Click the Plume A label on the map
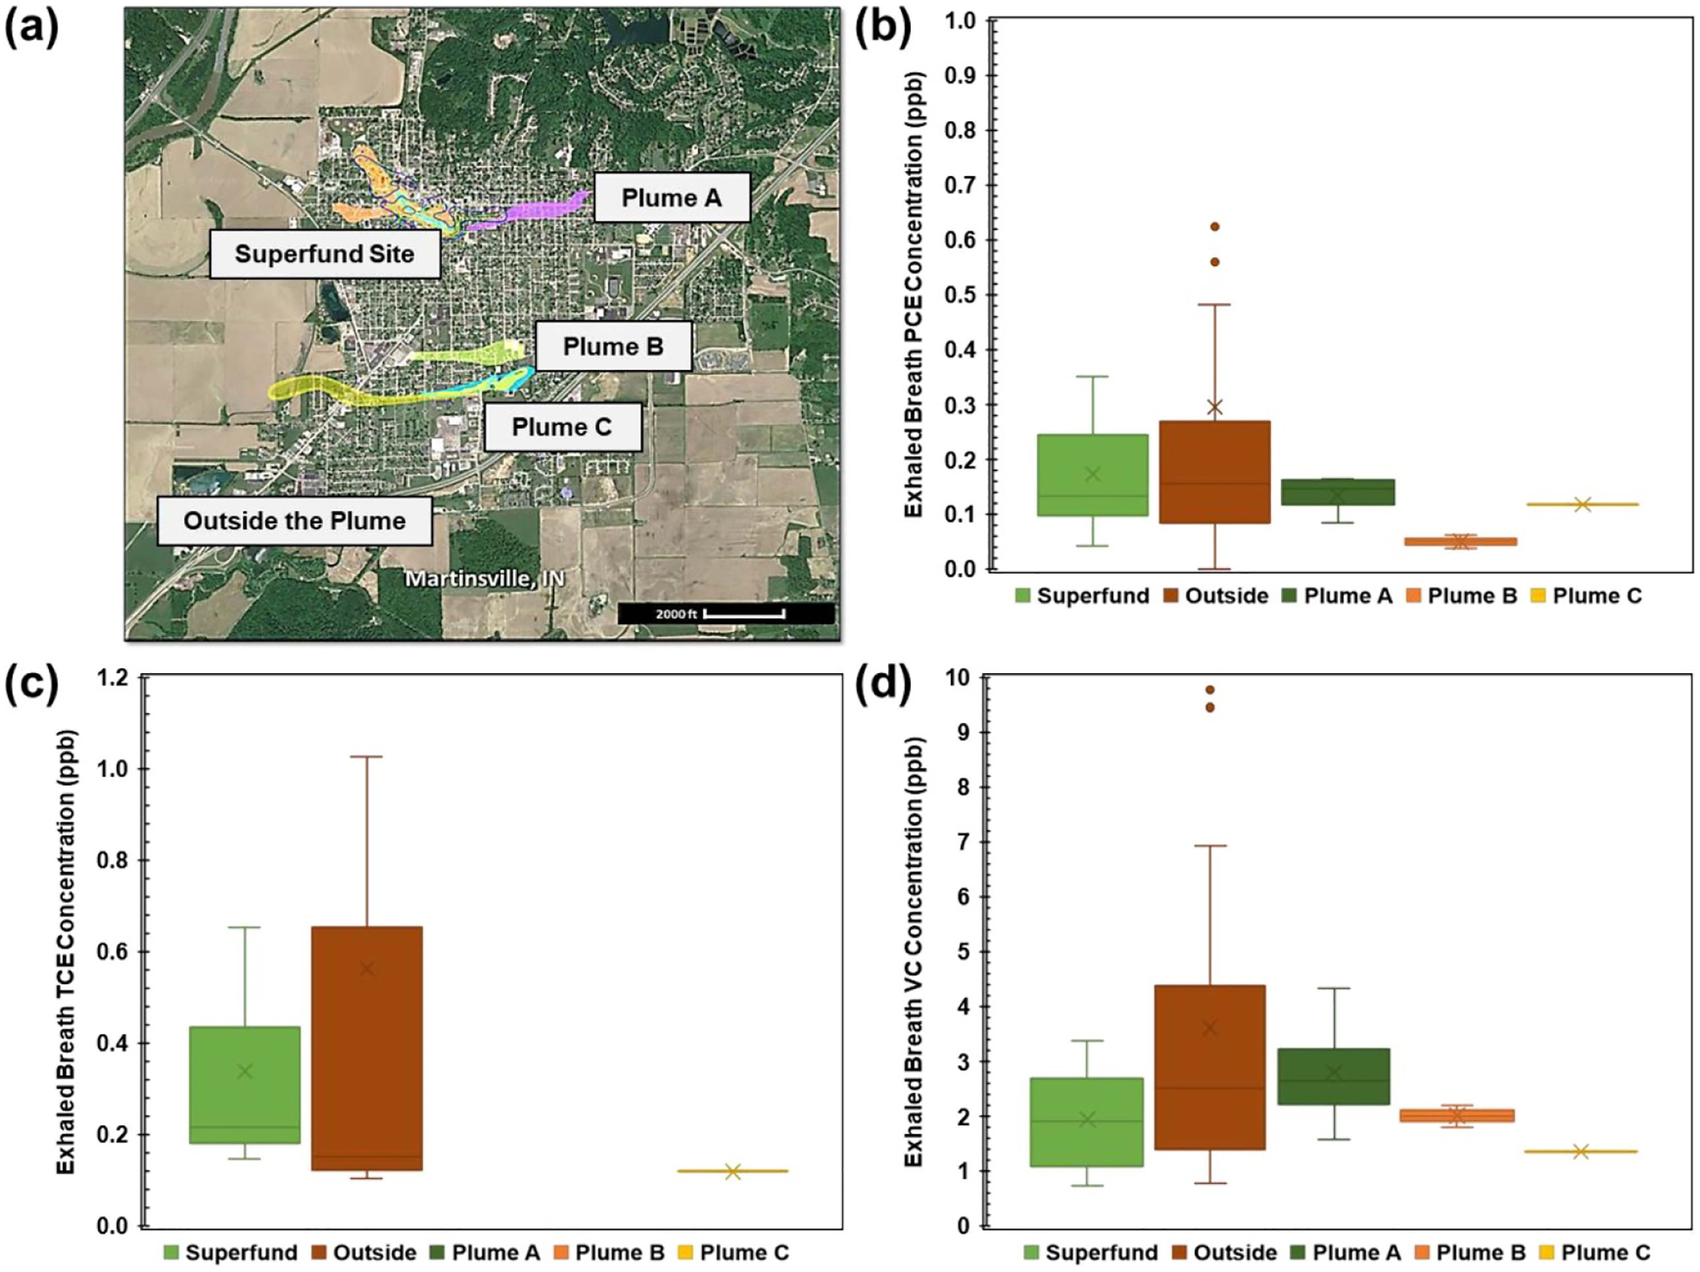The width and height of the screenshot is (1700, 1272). tap(671, 197)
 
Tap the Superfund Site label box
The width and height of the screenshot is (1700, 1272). tap(325, 253)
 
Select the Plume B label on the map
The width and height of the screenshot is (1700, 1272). tap(613, 346)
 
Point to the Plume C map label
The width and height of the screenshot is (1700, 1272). tap(562, 427)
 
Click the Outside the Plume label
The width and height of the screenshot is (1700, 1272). tap(294, 521)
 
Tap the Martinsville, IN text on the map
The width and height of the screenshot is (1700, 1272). tap(485, 579)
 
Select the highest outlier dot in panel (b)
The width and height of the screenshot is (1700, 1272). tap(1215, 227)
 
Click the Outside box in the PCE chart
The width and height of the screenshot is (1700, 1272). tap(1215, 472)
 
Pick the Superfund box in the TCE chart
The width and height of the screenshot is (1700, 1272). tap(245, 1085)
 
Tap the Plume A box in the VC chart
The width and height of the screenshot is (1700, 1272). tap(1334, 1076)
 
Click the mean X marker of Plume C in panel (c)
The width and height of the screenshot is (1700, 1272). tap(732, 1171)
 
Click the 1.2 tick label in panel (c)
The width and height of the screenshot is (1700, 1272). tap(113, 677)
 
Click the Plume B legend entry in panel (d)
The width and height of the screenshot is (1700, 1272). tap(1471, 1252)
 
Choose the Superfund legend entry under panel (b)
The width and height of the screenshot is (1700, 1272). tap(1082, 596)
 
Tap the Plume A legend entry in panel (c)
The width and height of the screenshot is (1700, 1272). tap(486, 1252)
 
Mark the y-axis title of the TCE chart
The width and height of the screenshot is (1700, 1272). tap(65, 952)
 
